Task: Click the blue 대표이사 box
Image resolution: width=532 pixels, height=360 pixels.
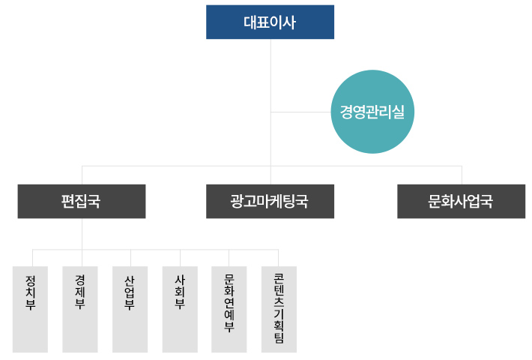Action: point(270,22)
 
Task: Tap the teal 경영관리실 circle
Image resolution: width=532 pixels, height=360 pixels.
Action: point(372,112)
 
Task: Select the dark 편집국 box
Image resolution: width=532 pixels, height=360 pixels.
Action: point(82,201)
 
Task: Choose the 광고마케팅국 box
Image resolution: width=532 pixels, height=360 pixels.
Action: point(270,201)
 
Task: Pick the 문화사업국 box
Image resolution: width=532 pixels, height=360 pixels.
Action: point(461,201)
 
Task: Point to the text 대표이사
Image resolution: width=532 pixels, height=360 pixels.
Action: point(270,22)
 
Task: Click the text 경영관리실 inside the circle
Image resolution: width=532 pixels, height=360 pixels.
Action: point(372,112)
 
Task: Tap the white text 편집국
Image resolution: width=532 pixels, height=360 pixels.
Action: point(82,202)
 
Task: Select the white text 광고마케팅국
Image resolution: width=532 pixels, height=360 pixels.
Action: point(270,202)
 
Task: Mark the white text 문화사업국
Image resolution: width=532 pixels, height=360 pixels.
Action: point(461,202)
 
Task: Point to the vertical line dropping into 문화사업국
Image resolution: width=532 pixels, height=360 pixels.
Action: point(462,175)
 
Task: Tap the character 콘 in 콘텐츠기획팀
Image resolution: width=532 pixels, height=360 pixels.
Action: point(279,277)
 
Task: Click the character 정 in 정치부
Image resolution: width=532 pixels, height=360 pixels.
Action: point(31,279)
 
